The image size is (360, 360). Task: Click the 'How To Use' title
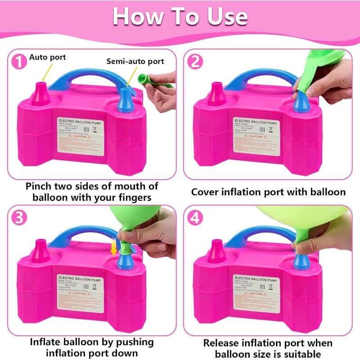point(180,16)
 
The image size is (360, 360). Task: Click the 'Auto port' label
point(48,57)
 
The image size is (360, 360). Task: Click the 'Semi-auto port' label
point(135,61)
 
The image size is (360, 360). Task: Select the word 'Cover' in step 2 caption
point(206,192)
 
